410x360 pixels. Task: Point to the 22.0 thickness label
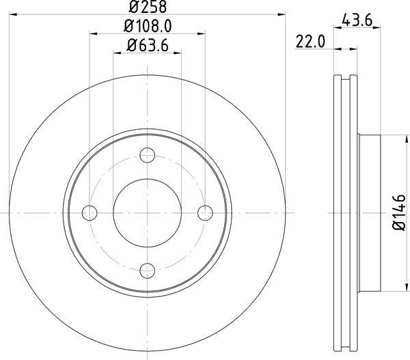pyautogui.click(x=310, y=42)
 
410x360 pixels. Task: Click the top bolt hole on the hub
pyautogui.click(x=146, y=156)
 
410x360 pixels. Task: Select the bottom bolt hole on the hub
pyautogui.click(x=146, y=271)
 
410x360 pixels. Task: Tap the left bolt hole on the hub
pyautogui.click(x=90, y=213)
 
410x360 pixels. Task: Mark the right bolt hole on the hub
pyautogui.click(x=204, y=213)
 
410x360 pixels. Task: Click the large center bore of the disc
pyautogui.click(x=146, y=213)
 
